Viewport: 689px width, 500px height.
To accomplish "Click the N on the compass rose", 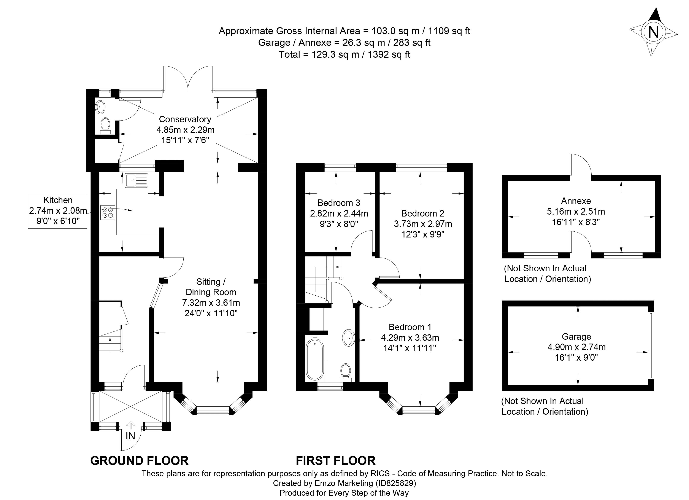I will click(653, 32).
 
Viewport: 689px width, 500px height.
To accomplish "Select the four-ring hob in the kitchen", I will click(108, 212).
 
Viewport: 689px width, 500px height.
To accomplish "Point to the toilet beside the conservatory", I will click(105, 125).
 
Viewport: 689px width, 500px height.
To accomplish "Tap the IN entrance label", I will click(130, 436).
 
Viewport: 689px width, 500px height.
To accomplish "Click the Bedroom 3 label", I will click(339, 203).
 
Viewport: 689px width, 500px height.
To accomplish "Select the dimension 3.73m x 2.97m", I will click(423, 224).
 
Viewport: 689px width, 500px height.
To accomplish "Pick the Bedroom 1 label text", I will click(410, 327).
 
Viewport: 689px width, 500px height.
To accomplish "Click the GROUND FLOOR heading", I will click(140, 461).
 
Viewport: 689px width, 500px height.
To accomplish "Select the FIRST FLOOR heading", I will click(335, 461).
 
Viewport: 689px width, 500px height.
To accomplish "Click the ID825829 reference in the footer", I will click(395, 483).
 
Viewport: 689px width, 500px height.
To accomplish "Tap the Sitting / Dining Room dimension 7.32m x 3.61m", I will click(211, 303).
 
